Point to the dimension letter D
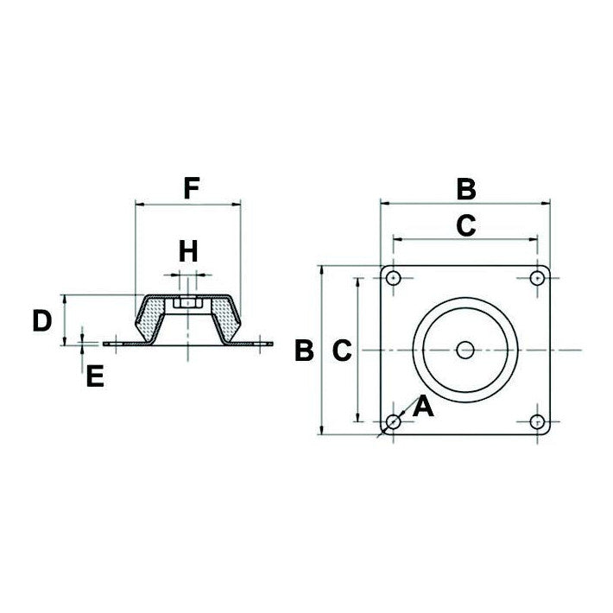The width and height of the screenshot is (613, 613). (41, 321)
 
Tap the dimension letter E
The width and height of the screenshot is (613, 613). (95, 376)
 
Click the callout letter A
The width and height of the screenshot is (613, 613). (422, 406)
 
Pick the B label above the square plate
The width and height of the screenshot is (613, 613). (465, 187)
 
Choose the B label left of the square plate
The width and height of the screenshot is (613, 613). (303, 351)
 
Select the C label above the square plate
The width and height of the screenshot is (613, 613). (465, 225)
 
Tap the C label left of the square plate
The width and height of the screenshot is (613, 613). (342, 351)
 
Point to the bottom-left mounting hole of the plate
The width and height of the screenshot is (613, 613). (394, 421)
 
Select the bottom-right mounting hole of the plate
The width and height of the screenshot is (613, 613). (537, 421)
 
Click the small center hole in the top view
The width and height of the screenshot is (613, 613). (465, 350)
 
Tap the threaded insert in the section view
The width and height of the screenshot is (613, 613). (187, 304)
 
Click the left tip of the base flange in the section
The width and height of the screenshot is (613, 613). (106, 344)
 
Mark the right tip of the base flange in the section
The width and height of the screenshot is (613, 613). (269, 344)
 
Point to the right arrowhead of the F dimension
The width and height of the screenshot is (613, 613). (236, 205)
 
